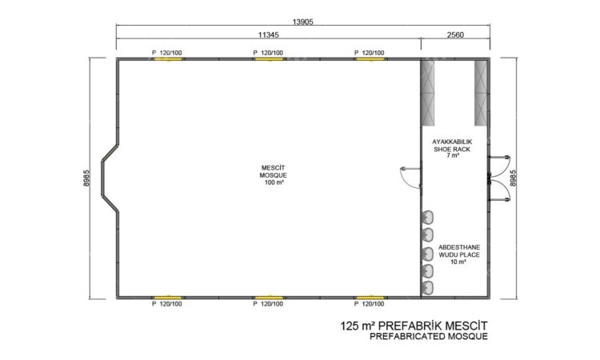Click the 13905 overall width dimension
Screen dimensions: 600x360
(302, 22)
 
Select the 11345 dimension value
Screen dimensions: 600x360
(268, 35)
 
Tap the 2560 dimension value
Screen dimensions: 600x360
(455, 35)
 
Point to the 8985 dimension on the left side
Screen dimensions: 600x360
(86, 178)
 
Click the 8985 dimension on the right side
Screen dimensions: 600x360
(513, 178)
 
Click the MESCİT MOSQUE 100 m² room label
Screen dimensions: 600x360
(274, 175)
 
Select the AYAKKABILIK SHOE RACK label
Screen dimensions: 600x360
(452, 146)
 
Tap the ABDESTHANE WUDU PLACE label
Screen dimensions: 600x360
(459, 251)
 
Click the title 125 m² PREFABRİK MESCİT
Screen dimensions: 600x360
(414, 326)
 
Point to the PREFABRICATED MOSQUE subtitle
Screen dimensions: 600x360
(429, 337)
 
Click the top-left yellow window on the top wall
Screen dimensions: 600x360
(168, 59)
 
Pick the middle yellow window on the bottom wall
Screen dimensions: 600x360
(269, 298)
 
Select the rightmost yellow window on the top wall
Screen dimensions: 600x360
(370, 59)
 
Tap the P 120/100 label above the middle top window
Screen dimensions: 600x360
(268, 53)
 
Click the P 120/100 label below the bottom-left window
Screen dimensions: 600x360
(167, 304)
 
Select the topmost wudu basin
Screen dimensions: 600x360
(428, 218)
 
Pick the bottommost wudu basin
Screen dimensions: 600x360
(428, 287)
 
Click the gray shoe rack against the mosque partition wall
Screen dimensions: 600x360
(428, 93)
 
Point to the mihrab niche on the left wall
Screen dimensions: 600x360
(110, 178)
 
